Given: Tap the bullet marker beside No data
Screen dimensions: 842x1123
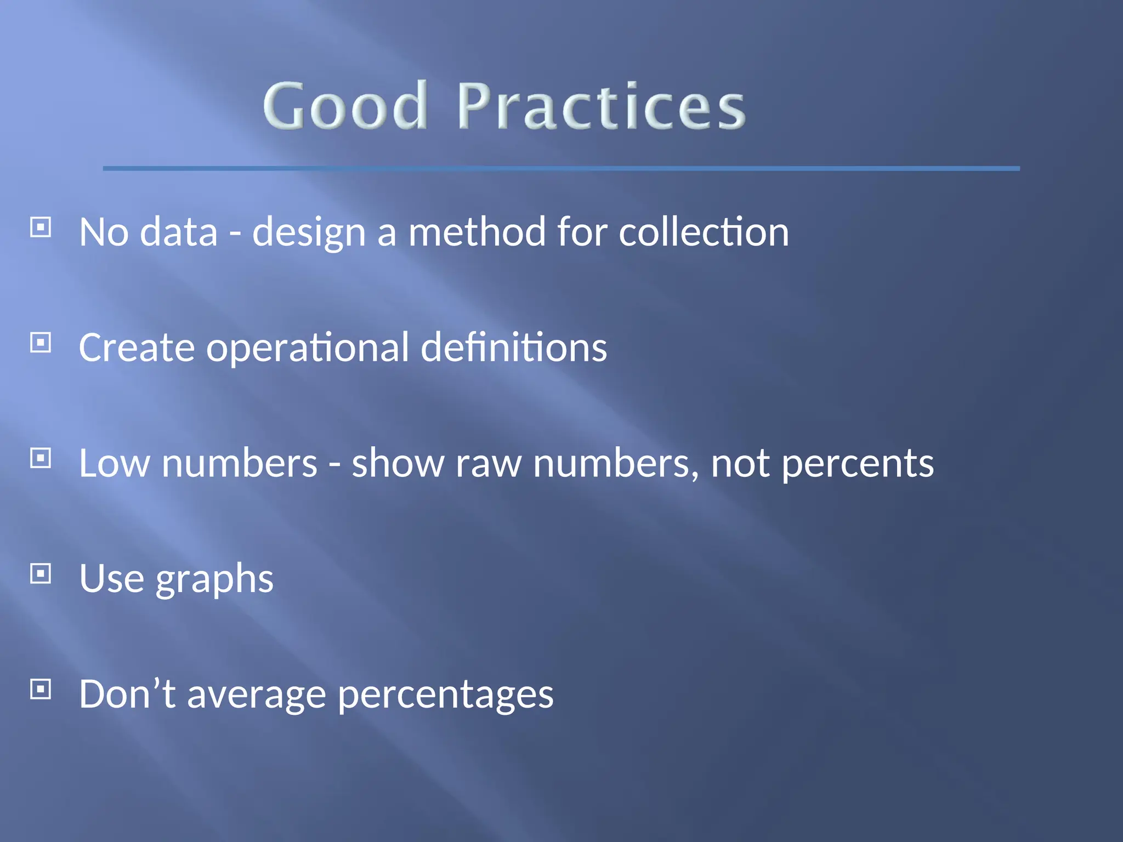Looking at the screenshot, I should pyautogui.click(x=41, y=227).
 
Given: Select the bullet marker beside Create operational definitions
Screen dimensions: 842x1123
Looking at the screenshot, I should pyautogui.click(x=41, y=343).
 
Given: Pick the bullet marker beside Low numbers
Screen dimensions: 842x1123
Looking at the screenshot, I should pyautogui.click(x=41, y=458).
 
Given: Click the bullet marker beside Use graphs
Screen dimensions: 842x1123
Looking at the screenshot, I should pyautogui.click(x=41, y=573).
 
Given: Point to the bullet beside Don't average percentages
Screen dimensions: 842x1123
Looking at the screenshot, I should pyautogui.click(x=41, y=689).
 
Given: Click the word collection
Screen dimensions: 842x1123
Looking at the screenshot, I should pyautogui.click(x=704, y=232).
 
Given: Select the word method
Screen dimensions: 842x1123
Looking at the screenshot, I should pyautogui.click(x=477, y=232).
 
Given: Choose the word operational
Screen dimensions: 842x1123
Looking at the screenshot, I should pyautogui.click(x=307, y=348).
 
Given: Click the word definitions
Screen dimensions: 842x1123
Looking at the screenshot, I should pyautogui.click(x=514, y=347).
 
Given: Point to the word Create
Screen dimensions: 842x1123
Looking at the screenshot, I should pyautogui.click(x=137, y=348).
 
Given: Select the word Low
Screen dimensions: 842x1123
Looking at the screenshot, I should pyautogui.click(x=114, y=463).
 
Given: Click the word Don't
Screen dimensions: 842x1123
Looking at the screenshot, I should pyautogui.click(x=127, y=694).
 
